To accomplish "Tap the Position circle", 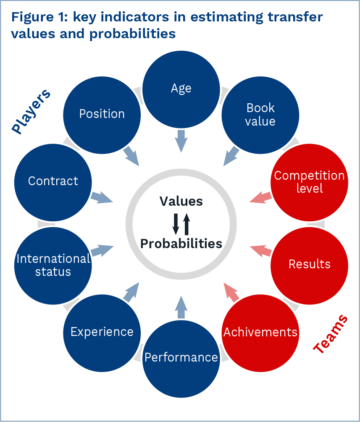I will coord(102,114).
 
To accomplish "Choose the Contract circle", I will coord(53,181).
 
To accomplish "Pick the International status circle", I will coord(53,265).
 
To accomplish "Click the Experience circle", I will coord(102,332).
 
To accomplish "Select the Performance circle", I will coord(181,357).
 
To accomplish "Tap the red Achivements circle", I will coord(260,332).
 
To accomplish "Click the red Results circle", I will coord(310,264).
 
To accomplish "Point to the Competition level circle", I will coord(310,181).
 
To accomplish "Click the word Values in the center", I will coord(181,202).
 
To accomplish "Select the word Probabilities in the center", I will coord(181,244).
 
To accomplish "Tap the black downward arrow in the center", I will coord(176,223).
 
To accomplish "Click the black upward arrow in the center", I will coord(187,223).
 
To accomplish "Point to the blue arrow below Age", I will coord(181,140).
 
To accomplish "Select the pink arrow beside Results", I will coord(260,251).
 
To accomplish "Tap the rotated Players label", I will coord(30,112).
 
